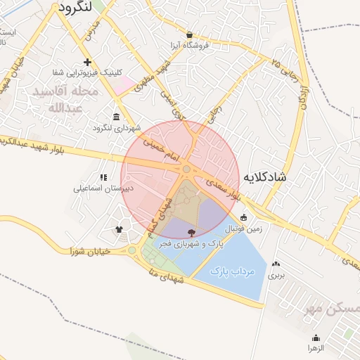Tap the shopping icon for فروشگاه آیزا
(189, 34)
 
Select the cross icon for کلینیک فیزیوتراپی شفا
(87, 63)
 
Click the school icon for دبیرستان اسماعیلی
(103, 178)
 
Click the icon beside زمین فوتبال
(243, 217)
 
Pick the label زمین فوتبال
(243, 229)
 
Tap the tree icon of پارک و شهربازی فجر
(191, 232)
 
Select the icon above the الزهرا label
(315, 337)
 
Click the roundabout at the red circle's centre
(186, 169)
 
